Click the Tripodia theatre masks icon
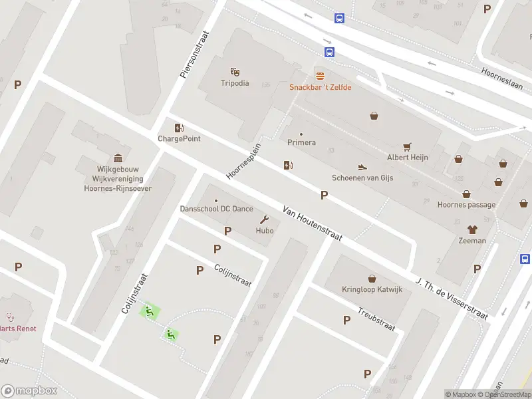coord(235,71)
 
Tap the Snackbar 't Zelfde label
coord(320,87)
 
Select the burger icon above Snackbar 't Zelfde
coord(320,76)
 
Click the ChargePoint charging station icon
coord(179,128)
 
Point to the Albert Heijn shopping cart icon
coord(407,146)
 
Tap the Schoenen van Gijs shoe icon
coord(362,167)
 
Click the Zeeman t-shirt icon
coord(472,229)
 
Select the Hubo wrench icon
coord(265,220)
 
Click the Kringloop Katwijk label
coord(372,290)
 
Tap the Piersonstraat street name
coord(194,55)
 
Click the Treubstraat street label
coord(376,319)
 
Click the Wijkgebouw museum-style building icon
coord(118,158)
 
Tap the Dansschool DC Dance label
coord(216,209)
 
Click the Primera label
coord(301,142)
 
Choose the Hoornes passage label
coord(466,205)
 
